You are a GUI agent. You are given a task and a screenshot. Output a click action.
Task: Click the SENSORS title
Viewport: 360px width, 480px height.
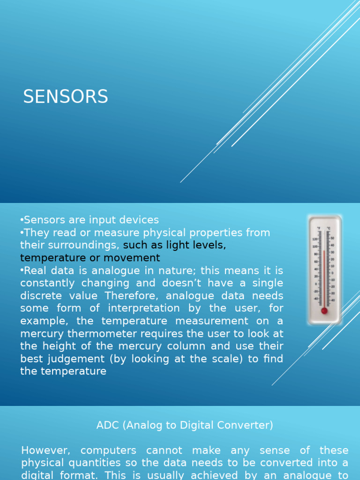(66, 97)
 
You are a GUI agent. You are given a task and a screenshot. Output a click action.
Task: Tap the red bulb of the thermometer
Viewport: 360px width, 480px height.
(324, 310)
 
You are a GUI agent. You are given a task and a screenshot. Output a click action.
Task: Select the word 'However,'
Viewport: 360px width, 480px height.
(45, 450)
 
